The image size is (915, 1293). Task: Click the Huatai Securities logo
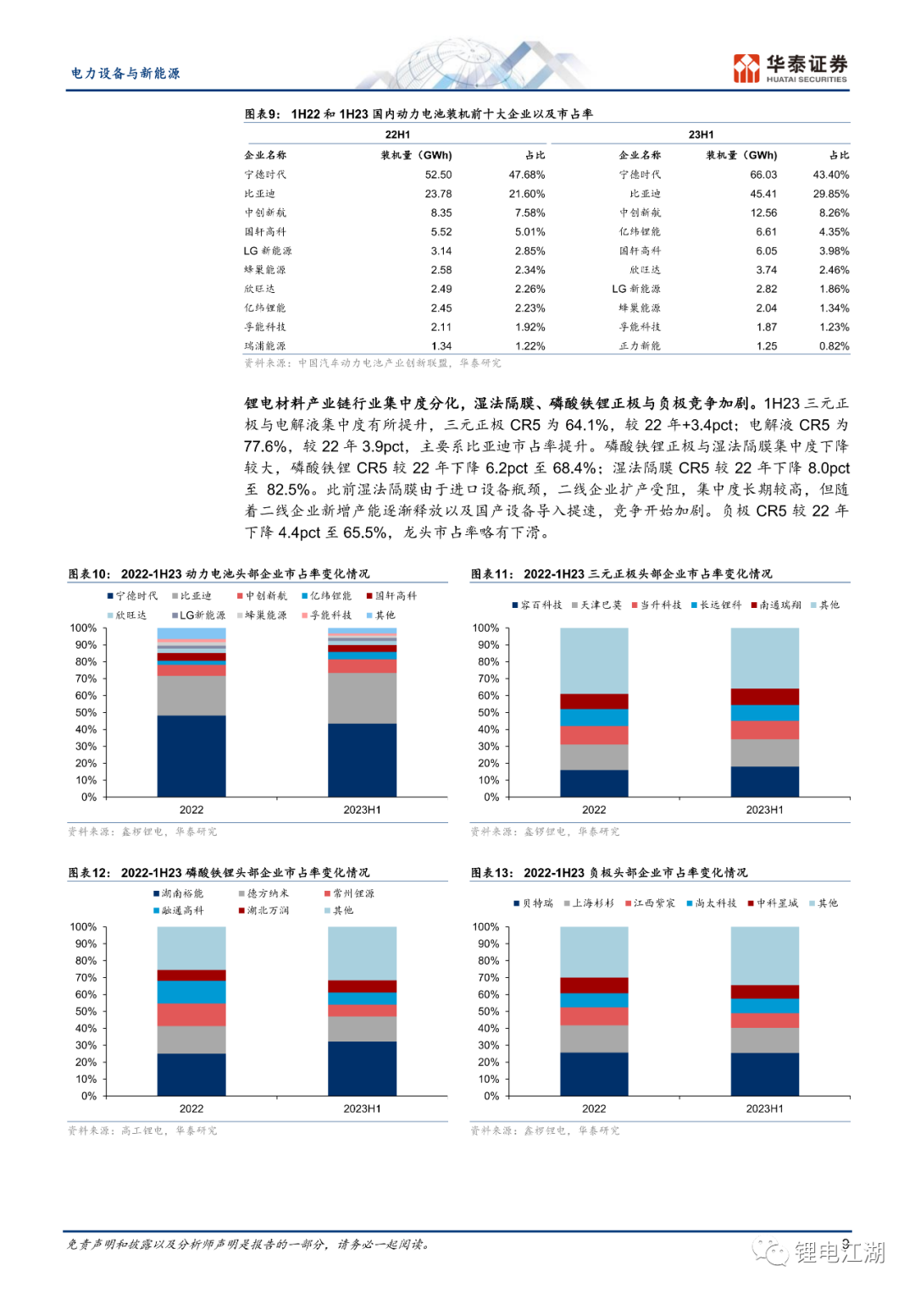tap(790, 69)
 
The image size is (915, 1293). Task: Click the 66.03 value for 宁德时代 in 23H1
tap(762, 174)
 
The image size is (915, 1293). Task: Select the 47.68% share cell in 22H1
tap(526, 174)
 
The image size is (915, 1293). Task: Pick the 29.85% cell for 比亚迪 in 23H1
tap(830, 194)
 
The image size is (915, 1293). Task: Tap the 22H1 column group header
tap(397, 135)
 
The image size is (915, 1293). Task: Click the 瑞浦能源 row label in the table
tap(265, 346)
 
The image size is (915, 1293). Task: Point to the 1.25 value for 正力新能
tap(766, 346)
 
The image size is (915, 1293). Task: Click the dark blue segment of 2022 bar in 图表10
tap(191, 755)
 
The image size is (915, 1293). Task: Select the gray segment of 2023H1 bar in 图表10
tap(362, 698)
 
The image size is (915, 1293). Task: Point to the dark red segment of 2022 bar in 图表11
tap(594, 701)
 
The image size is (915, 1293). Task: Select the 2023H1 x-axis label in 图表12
tap(362, 1108)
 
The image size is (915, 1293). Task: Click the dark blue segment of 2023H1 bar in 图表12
tap(362, 1068)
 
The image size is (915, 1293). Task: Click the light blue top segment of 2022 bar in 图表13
tap(594, 952)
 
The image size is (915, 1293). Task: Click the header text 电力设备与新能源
tap(125, 74)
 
